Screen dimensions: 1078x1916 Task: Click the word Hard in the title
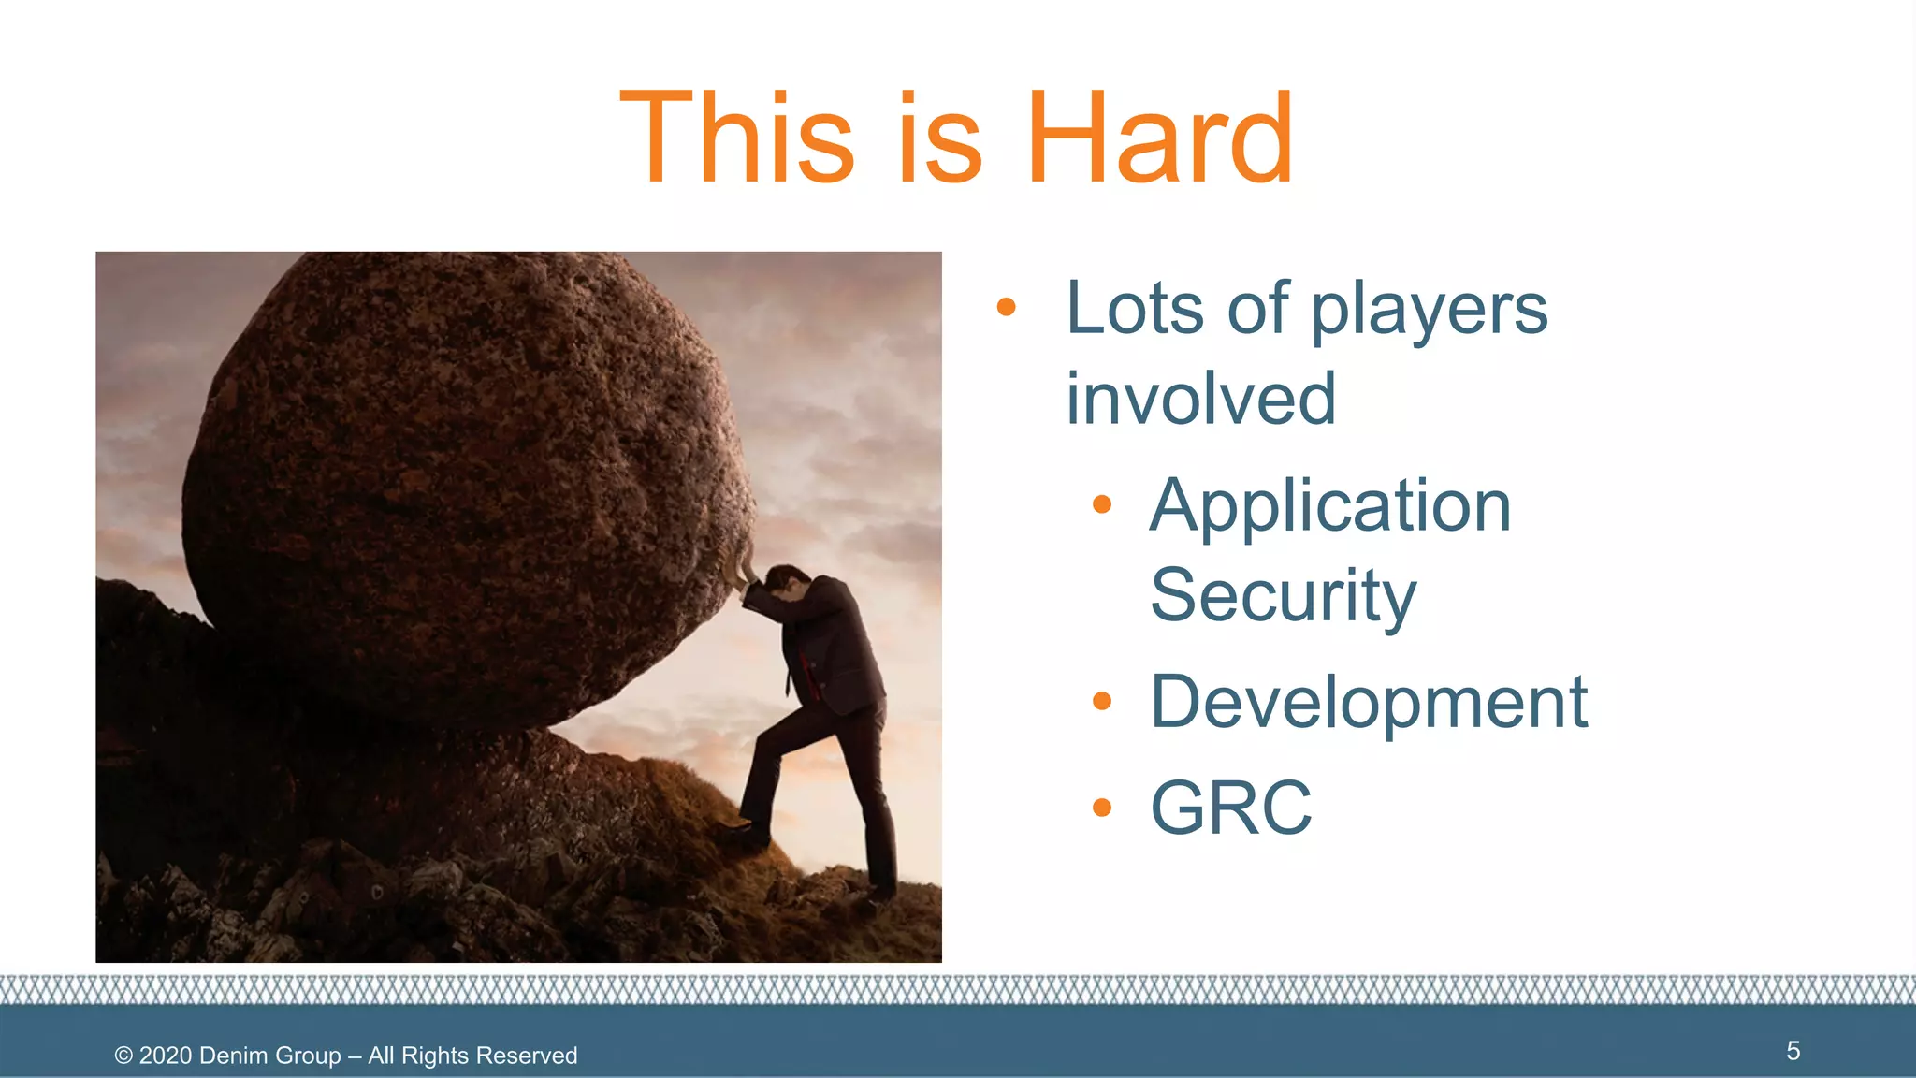1160,138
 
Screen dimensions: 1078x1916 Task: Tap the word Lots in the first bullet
1134,308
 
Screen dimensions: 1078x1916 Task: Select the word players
1429,311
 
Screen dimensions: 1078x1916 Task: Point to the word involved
1200,399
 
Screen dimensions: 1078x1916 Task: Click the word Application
1329,506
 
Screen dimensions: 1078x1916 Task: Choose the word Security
1283,595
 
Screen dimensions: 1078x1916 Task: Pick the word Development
1368,702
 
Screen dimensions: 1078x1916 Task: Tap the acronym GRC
1230,808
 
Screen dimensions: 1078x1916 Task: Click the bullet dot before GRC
1102,808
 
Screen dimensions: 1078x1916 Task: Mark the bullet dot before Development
1102,701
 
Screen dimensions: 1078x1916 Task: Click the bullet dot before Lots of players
1006,307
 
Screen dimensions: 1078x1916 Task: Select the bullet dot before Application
1102,505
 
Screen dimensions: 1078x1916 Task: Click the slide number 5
1793,1051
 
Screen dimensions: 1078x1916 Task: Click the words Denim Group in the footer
269,1056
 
